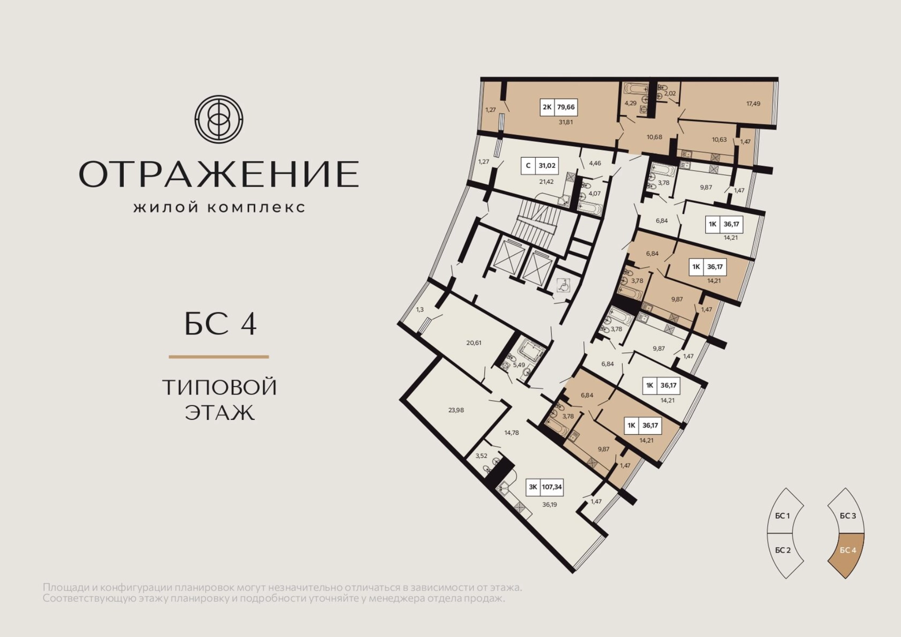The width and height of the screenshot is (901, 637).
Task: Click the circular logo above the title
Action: [219, 119]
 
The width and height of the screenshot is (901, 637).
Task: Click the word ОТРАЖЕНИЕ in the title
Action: [219, 174]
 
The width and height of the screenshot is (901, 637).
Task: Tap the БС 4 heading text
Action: [220, 324]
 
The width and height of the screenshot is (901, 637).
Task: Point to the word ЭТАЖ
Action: [220, 412]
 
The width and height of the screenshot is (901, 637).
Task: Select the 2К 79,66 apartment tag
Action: [558, 107]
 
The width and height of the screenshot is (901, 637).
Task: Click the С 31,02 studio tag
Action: [540, 166]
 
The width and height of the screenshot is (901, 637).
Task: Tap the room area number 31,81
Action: [565, 122]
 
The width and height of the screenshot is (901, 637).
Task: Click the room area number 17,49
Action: [753, 104]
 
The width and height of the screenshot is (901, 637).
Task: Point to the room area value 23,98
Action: [456, 410]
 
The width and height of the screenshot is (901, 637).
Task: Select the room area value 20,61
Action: [473, 343]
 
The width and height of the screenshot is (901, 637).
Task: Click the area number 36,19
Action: [550, 505]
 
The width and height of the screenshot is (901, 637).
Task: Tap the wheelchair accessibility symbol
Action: [563, 285]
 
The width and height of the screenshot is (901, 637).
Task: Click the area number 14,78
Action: [512, 433]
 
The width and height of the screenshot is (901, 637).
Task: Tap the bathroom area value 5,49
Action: [519, 365]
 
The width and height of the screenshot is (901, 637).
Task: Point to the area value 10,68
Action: [654, 137]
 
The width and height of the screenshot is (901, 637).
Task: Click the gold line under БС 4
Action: [219, 357]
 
